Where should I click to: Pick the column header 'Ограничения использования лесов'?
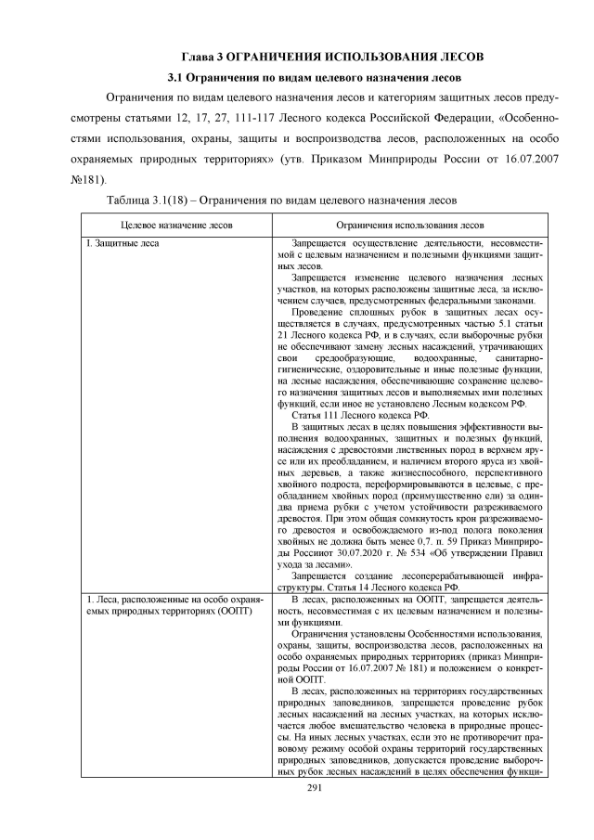tap(409, 225)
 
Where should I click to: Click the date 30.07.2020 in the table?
tap(372, 552)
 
